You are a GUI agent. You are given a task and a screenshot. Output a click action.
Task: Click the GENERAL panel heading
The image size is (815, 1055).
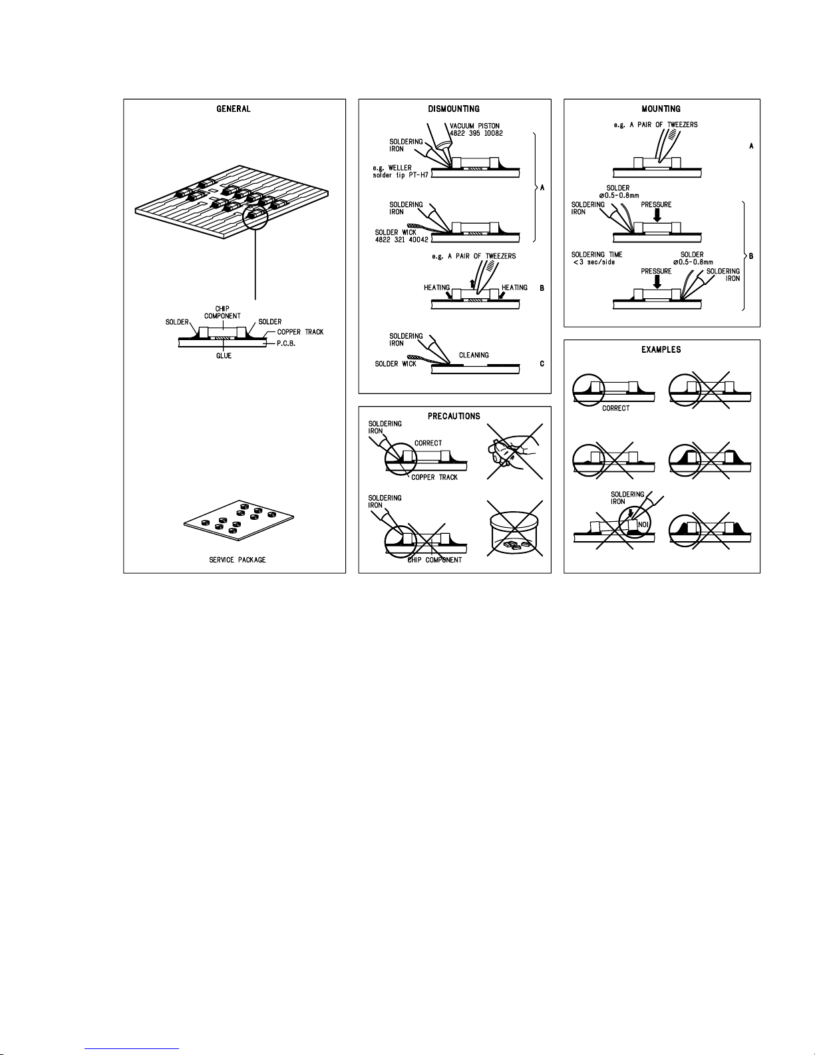pos(234,109)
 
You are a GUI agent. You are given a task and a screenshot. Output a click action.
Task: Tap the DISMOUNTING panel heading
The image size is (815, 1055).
pos(454,109)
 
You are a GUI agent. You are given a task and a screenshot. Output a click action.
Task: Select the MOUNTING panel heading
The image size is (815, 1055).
pos(661,109)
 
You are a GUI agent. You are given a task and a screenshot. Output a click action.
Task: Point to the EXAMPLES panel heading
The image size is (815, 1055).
pos(661,349)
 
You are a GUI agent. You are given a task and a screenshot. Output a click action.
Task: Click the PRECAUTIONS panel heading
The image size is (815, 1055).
pos(454,417)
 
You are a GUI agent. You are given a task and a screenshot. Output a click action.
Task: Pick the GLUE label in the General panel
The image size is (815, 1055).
pos(224,356)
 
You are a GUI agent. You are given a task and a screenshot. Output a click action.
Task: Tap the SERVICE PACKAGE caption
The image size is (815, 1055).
pos(237,560)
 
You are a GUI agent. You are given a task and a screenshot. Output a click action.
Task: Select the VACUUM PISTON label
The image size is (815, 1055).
pos(474,126)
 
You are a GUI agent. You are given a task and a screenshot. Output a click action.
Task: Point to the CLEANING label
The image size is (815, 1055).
pos(474,355)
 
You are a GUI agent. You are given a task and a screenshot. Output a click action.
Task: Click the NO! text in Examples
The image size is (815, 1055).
pos(643,524)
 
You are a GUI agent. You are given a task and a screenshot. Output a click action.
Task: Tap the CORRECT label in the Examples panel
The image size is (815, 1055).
pos(615,409)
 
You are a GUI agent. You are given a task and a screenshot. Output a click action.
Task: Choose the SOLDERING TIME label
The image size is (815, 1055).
pos(597,255)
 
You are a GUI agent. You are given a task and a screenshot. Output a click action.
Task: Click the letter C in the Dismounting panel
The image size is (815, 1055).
pos(542,364)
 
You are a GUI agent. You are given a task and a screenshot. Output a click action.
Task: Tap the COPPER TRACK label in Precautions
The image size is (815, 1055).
pos(434,477)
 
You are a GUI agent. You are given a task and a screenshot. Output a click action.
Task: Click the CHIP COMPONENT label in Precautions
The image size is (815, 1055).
pos(434,560)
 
